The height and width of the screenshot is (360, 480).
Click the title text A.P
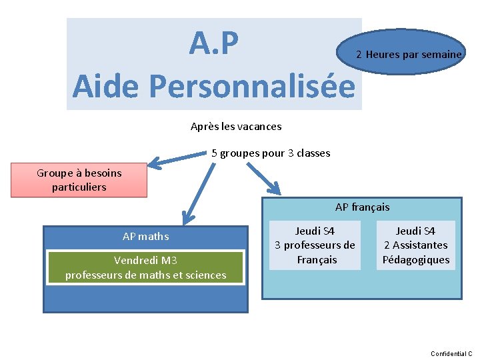tap(213, 44)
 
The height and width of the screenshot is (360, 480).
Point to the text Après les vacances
tap(236, 126)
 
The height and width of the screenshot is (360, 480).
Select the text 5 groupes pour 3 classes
tap(271, 153)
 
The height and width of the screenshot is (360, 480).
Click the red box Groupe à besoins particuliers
tap(79, 180)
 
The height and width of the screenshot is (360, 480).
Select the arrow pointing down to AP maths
tap(195, 193)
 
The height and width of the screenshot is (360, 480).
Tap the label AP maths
tap(145, 236)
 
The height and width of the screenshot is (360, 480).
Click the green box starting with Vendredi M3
tap(145, 267)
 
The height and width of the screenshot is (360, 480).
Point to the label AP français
tap(362, 207)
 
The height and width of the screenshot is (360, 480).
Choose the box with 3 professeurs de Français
tap(315, 245)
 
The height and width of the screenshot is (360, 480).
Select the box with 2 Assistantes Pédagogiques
tap(416, 245)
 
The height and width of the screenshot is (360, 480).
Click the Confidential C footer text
tap(451, 353)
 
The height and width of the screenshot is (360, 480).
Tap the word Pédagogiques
tap(416, 260)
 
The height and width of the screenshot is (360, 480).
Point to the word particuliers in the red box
tap(79, 187)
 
